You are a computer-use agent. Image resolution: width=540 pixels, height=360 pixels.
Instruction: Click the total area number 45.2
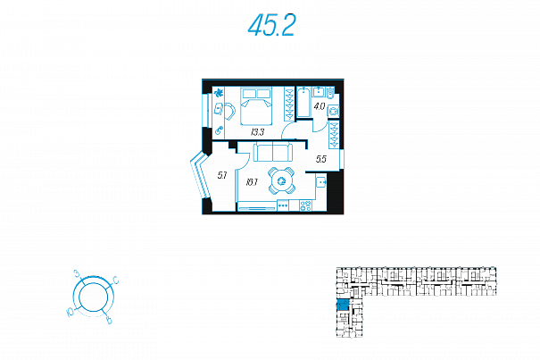tap(271, 28)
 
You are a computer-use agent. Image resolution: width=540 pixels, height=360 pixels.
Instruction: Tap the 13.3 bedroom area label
tap(258, 132)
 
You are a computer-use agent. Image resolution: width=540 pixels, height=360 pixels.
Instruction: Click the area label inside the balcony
tap(222, 174)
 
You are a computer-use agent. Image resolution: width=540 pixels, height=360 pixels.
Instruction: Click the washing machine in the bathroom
tap(333, 111)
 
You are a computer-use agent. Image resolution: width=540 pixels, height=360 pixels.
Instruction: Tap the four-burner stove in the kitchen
tap(305, 205)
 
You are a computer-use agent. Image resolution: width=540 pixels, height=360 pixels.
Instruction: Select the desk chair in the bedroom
tap(228, 111)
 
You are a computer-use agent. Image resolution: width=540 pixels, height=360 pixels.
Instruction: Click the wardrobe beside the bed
tap(288, 104)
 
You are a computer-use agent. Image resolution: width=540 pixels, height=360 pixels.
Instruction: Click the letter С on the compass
tap(117, 281)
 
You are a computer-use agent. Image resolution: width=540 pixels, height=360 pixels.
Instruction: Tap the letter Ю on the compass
tap(69, 312)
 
